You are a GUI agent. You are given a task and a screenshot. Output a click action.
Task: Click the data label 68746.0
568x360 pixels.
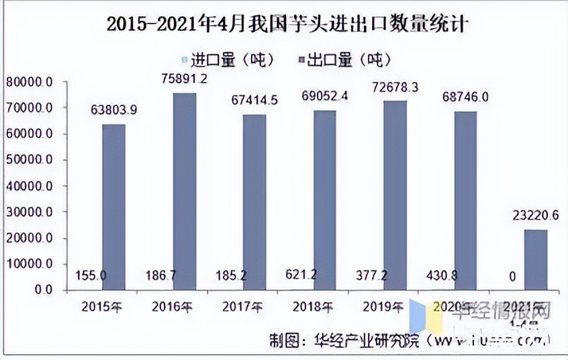[465, 97]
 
